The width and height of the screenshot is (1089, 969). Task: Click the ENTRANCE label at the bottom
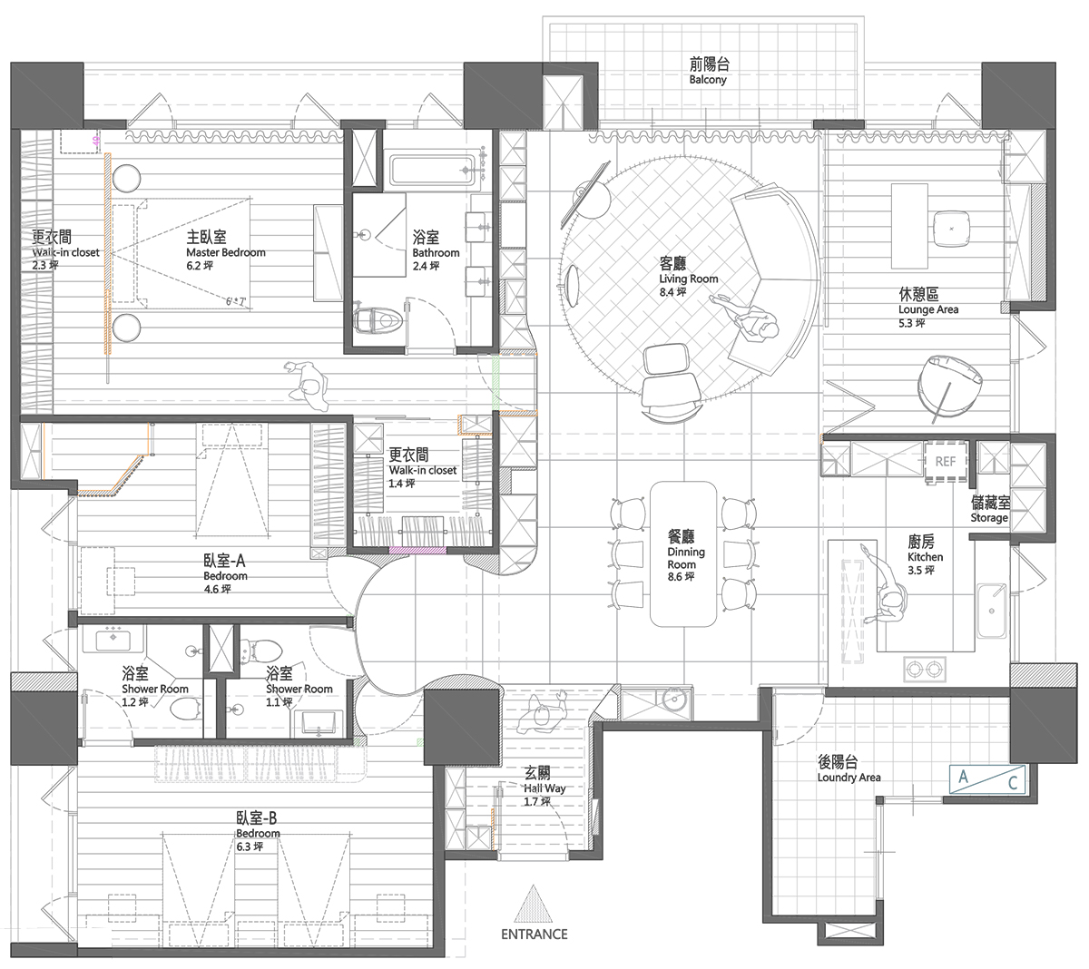pyautogui.click(x=534, y=934)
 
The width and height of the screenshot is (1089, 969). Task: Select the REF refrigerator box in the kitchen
pyautogui.click(x=946, y=461)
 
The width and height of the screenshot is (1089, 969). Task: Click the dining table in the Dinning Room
pyautogui.click(x=683, y=553)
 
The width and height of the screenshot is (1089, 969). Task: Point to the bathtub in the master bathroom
pyautogui.click(x=433, y=171)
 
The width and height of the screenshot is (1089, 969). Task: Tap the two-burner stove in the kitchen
pyautogui.click(x=925, y=669)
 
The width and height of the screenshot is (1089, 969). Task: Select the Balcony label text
pyautogui.click(x=708, y=80)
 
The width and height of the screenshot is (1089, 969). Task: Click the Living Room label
pyautogui.click(x=689, y=279)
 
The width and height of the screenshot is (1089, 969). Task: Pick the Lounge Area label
pyautogui.click(x=928, y=309)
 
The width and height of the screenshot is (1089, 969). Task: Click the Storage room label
pyautogui.click(x=989, y=517)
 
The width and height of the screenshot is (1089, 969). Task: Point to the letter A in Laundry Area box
pyautogui.click(x=963, y=776)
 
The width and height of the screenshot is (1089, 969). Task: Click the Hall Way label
pyautogui.click(x=544, y=788)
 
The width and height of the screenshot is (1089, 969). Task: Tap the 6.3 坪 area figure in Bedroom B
pyautogui.click(x=250, y=847)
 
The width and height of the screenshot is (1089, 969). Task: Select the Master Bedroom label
pyautogui.click(x=226, y=252)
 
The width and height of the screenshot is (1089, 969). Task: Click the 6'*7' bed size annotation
pyautogui.click(x=235, y=302)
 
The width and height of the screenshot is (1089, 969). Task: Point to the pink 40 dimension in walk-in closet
pyautogui.click(x=96, y=141)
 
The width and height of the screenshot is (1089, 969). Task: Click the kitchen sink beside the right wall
pyautogui.click(x=992, y=611)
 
